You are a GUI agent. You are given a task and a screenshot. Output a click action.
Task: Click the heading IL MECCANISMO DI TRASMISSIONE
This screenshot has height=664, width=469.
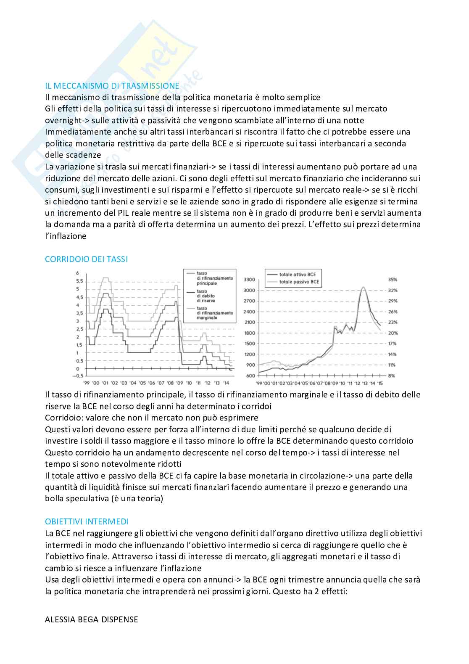click(x=112, y=86)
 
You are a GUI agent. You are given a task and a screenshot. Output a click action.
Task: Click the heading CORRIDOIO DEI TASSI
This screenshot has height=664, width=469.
click(x=86, y=259)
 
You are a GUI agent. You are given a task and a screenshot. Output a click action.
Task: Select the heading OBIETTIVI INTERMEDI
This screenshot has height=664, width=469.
click(x=87, y=521)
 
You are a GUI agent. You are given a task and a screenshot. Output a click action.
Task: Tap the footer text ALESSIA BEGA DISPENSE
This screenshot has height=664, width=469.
click(x=91, y=619)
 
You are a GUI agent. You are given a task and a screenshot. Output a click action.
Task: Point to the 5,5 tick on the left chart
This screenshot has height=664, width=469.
click(x=79, y=281)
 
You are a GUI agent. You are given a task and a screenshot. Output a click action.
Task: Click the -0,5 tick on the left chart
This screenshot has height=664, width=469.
click(x=79, y=376)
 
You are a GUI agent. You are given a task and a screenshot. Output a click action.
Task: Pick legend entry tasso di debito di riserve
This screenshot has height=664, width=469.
click(x=206, y=296)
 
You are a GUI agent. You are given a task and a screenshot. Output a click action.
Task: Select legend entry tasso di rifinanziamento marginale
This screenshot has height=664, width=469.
click(x=214, y=313)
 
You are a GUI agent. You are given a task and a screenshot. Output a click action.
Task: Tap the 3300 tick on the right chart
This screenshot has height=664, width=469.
click(x=249, y=280)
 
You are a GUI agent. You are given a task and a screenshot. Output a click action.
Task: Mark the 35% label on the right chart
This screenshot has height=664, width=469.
click(x=393, y=280)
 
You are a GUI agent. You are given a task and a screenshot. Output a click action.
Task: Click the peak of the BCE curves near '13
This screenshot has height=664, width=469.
click(x=363, y=287)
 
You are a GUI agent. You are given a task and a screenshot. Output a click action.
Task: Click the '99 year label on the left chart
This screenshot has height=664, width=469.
click(x=86, y=383)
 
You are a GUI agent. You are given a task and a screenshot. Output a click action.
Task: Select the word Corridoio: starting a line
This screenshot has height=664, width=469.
click(x=63, y=418)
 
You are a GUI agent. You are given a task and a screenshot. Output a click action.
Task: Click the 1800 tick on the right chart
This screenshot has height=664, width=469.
click(x=249, y=333)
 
